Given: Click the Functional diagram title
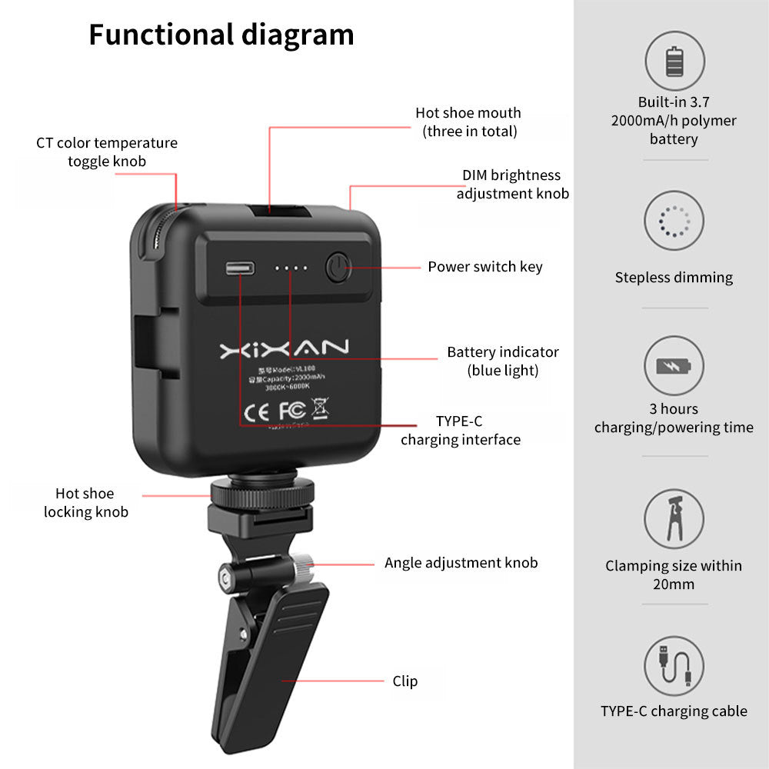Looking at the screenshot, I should [x=221, y=35].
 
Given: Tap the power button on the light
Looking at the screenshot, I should [x=337, y=268].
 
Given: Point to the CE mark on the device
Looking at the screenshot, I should [x=255, y=413].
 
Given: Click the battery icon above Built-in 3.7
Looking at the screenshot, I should [x=674, y=62].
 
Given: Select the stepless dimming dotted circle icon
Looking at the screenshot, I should [x=674, y=221].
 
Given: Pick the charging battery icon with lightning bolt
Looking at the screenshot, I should [x=674, y=365].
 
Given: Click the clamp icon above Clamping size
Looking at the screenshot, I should [x=674, y=518].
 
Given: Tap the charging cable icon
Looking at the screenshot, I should [x=674, y=666].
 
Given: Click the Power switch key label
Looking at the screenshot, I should [x=485, y=267].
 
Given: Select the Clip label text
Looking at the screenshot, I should [x=405, y=681].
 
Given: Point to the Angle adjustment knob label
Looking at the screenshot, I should [x=461, y=563].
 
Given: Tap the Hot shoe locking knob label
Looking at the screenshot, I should [x=85, y=502].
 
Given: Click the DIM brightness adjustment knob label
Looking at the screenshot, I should [x=512, y=185].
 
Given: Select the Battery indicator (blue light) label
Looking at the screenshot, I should [x=503, y=361].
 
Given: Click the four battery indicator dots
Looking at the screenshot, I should [x=292, y=269].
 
